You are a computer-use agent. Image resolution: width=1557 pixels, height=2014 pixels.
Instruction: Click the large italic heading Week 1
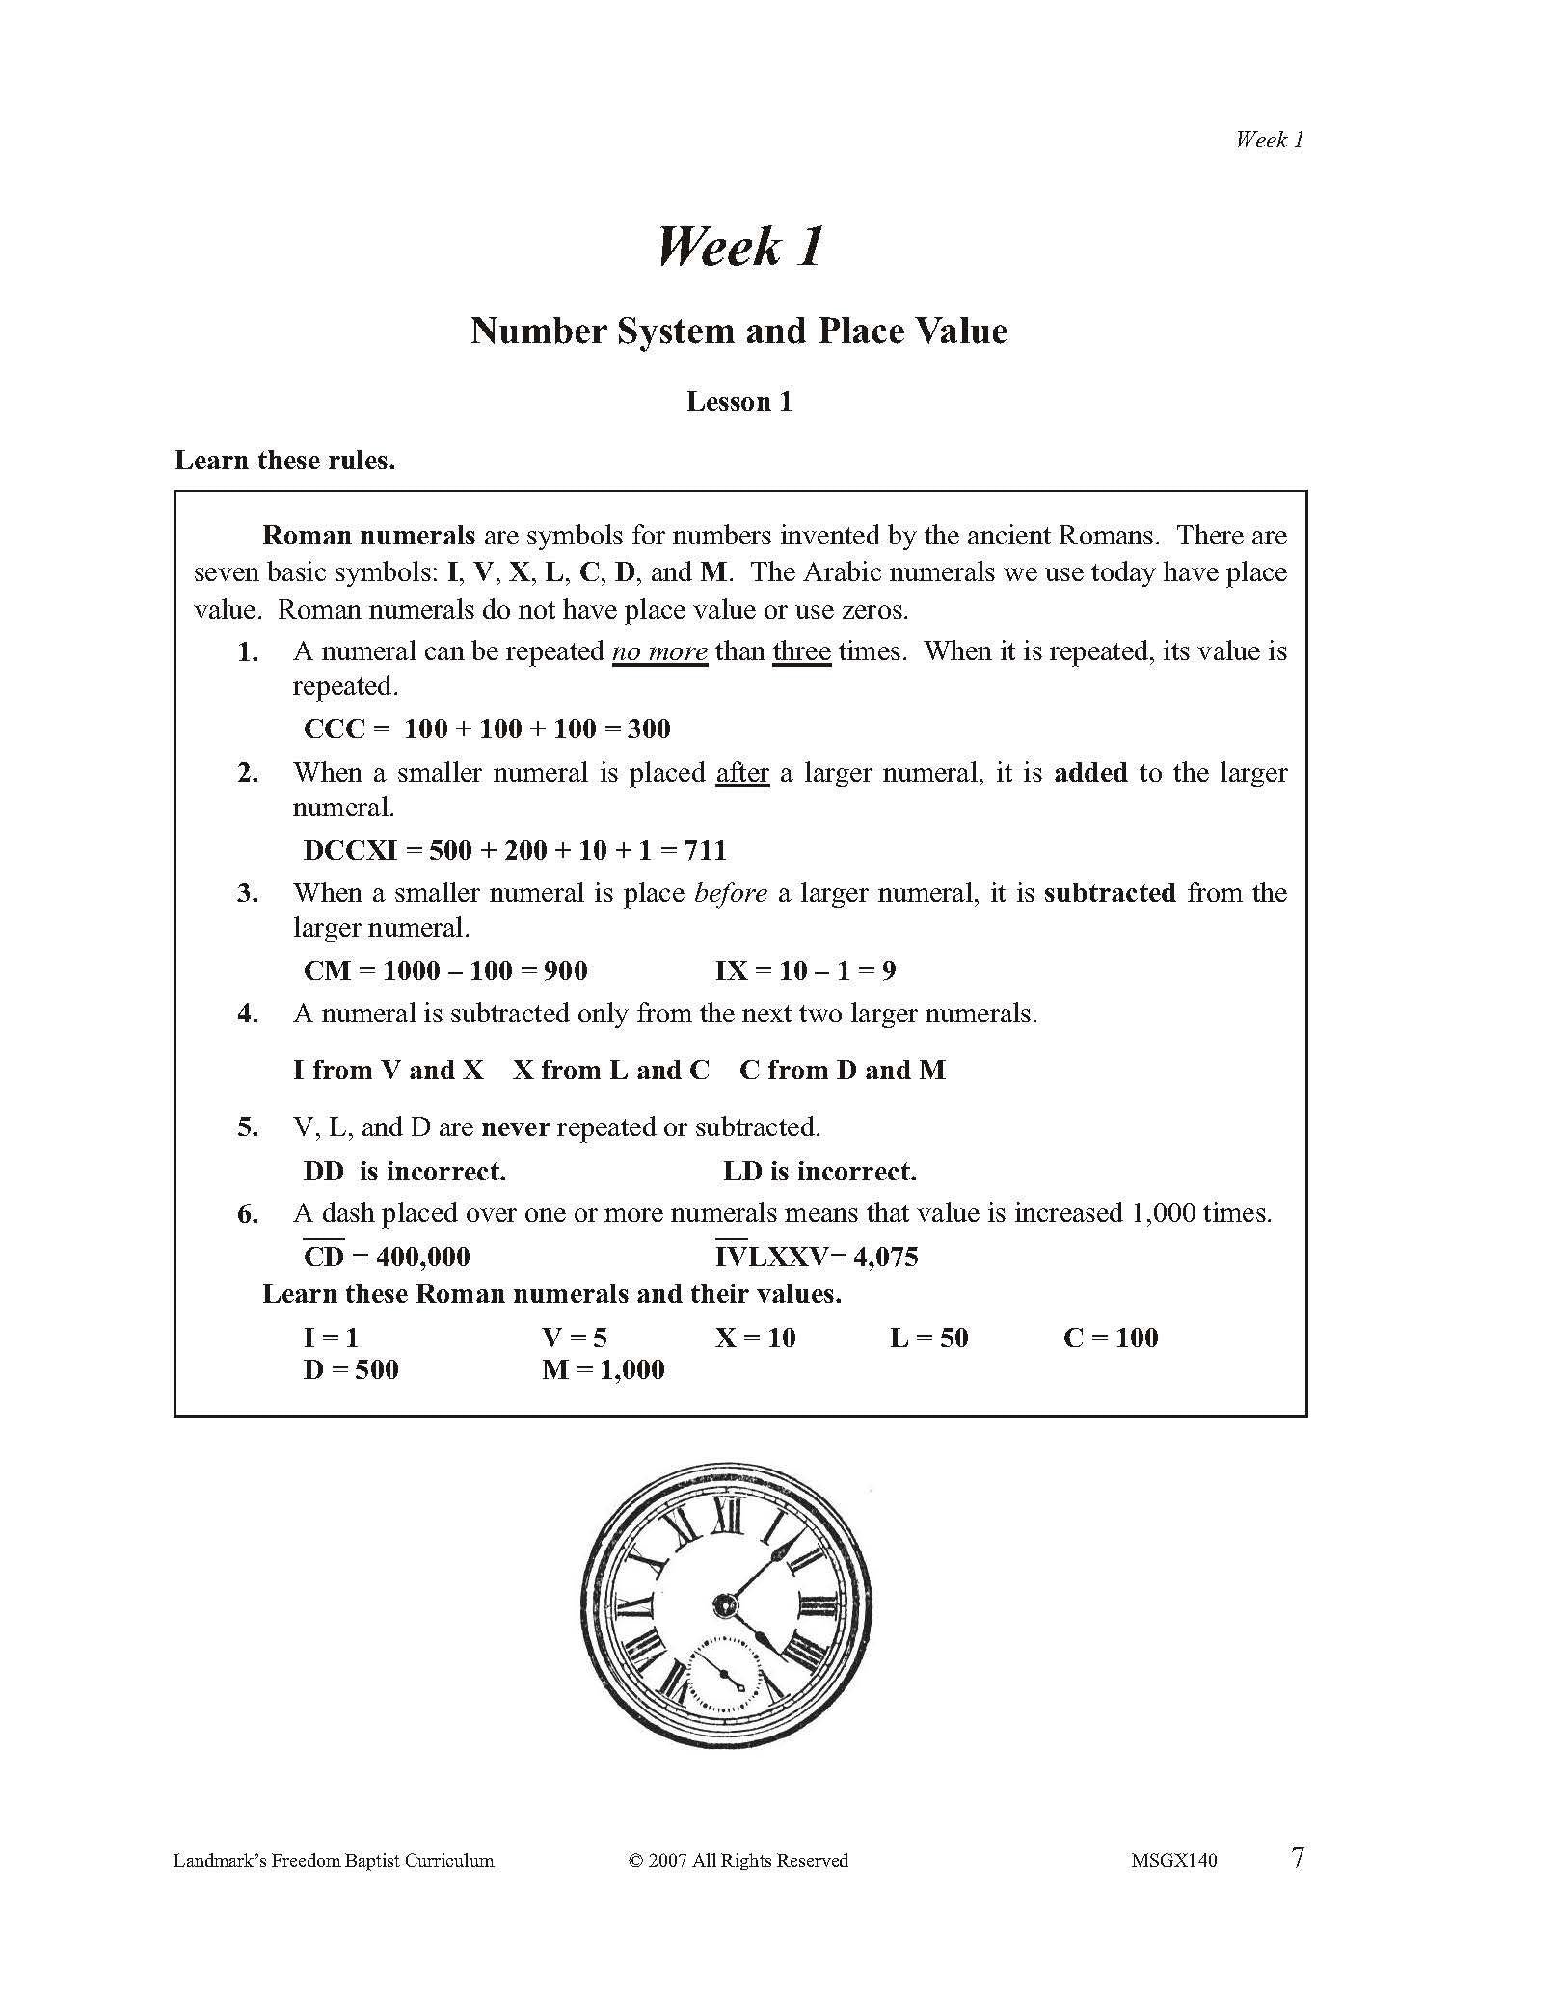coord(739,247)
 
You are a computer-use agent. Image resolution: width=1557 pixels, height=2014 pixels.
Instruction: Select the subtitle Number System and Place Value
coord(738,331)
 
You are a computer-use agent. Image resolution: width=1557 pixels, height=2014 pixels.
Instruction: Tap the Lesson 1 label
coord(738,402)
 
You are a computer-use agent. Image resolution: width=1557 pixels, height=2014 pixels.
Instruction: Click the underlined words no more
coord(659,652)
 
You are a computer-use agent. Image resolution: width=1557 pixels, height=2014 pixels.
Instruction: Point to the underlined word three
coord(801,652)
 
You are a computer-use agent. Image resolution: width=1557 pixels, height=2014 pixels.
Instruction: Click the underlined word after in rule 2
coord(742,773)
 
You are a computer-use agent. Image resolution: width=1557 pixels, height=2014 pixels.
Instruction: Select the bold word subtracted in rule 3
coord(1110,893)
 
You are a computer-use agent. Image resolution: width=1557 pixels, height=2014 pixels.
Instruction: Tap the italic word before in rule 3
coord(731,893)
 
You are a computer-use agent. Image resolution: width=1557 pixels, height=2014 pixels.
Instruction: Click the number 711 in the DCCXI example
coord(705,850)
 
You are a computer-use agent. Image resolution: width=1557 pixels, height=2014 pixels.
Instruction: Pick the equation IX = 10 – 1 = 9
coord(805,970)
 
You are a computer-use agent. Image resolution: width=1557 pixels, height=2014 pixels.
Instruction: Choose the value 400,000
coord(423,1257)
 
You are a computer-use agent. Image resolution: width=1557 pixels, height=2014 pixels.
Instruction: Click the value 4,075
coord(885,1257)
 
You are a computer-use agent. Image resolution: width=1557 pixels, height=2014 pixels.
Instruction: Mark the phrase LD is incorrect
coord(819,1172)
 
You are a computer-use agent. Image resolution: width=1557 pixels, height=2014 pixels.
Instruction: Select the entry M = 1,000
coord(604,1369)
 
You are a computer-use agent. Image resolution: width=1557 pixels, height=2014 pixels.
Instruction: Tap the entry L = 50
coord(928,1338)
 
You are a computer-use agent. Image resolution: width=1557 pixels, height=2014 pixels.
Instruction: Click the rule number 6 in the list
coord(248,1214)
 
